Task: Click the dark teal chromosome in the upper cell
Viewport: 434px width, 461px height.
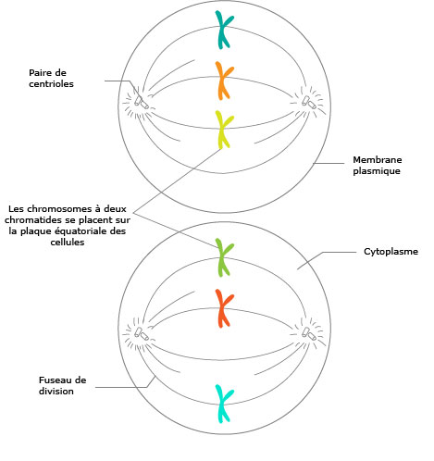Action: [x=223, y=30]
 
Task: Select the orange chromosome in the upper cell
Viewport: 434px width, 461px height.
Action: [x=223, y=81]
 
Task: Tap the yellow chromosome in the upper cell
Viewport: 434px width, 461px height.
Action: [x=223, y=130]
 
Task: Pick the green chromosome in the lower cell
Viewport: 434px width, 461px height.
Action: [x=223, y=257]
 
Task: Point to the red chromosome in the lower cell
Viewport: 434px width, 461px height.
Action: [x=223, y=308]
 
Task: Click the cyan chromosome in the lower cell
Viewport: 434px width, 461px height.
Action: [x=223, y=404]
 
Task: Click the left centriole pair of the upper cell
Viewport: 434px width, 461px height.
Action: [x=142, y=103]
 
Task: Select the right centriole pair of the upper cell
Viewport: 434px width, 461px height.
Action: [x=309, y=103]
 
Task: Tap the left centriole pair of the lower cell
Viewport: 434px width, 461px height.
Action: [x=142, y=334]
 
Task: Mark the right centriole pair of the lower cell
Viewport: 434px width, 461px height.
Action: [x=309, y=334]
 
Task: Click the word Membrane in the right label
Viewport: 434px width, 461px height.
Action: [x=378, y=160]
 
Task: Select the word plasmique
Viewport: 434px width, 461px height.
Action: [x=377, y=171]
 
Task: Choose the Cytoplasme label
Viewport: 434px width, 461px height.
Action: [x=391, y=252]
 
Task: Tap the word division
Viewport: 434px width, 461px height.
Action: [x=56, y=392]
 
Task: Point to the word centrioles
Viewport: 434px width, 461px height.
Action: [x=51, y=84]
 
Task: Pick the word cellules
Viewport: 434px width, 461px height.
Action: [x=68, y=243]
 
